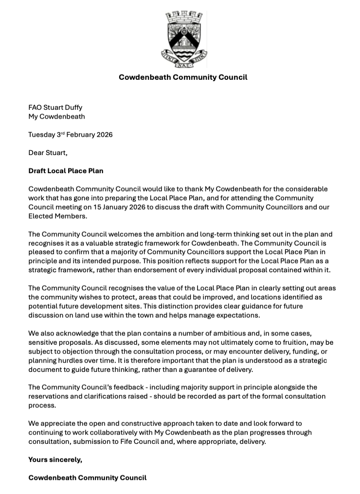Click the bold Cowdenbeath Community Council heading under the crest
click(183, 77)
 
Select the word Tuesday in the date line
click(42, 135)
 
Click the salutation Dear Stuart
click(48, 153)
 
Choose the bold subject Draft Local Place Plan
click(66, 171)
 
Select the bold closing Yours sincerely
click(55, 459)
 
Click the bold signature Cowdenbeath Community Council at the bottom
click(88, 477)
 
